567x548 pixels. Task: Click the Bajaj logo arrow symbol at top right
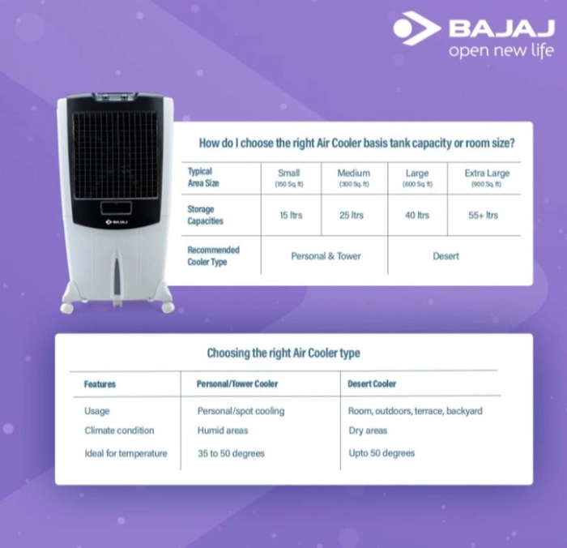pyautogui.click(x=417, y=28)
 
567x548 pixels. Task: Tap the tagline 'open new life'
pyautogui.click(x=501, y=50)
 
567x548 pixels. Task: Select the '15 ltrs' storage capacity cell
pyautogui.click(x=291, y=215)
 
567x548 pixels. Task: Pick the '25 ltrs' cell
pyautogui.click(x=351, y=215)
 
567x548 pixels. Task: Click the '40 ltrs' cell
pyautogui.click(x=417, y=215)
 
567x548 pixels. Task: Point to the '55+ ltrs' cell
pyautogui.click(x=483, y=215)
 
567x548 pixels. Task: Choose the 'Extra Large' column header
pyautogui.click(x=487, y=173)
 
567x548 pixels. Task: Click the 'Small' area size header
pyautogui.click(x=288, y=173)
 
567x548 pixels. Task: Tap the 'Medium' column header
pyautogui.click(x=354, y=173)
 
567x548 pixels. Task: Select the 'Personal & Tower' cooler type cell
pyautogui.click(x=326, y=256)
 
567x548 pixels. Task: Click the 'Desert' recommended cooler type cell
pyautogui.click(x=446, y=256)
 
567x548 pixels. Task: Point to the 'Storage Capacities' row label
pyautogui.click(x=205, y=215)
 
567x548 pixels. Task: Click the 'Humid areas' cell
pyautogui.click(x=223, y=430)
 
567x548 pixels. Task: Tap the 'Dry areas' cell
pyautogui.click(x=368, y=430)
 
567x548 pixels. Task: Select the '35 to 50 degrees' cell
pyautogui.click(x=231, y=453)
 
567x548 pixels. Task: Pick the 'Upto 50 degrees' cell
pyautogui.click(x=382, y=453)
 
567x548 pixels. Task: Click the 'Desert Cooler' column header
pyautogui.click(x=372, y=383)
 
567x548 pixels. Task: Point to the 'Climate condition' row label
pyautogui.click(x=119, y=430)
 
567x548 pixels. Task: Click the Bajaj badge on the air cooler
pyautogui.click(x=117, y=221)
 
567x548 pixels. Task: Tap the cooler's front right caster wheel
pyautogui.click(x=168, y=308)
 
